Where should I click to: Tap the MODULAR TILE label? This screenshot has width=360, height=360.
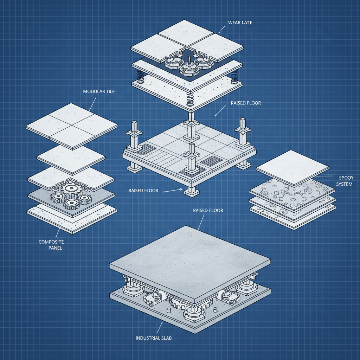click(99, 91)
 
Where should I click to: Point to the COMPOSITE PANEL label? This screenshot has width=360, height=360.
click(51, 245)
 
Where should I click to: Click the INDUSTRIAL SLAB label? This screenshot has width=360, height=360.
click(153, 338)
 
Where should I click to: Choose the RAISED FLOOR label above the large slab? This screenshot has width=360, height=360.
click(208, 210)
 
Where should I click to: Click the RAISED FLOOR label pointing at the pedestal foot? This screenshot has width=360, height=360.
click(143, 191)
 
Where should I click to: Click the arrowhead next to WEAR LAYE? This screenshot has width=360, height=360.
click(220, 32)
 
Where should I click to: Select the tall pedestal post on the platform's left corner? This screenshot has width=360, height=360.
click(134, 135)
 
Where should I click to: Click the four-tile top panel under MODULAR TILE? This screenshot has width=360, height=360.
click(72, 124)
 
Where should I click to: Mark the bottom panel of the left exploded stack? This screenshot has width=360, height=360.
click(72, 218)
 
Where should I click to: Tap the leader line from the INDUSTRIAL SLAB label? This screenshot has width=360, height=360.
click(159, 327)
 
